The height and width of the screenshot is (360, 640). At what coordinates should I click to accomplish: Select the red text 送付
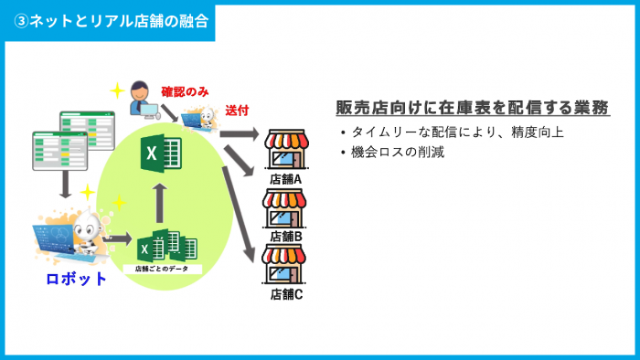tap(237, 110)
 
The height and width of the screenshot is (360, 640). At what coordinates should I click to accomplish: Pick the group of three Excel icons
tap(166, 247)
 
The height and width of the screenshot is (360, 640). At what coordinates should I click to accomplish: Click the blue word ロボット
tap(77, 279)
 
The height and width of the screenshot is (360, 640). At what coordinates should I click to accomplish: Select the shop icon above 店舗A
tap(286, 150)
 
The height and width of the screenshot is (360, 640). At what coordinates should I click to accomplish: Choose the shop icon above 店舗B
tap(286, 207)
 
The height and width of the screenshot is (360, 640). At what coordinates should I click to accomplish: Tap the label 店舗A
tap(286, 178)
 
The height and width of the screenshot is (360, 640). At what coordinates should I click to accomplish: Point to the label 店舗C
tap(286, 294)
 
